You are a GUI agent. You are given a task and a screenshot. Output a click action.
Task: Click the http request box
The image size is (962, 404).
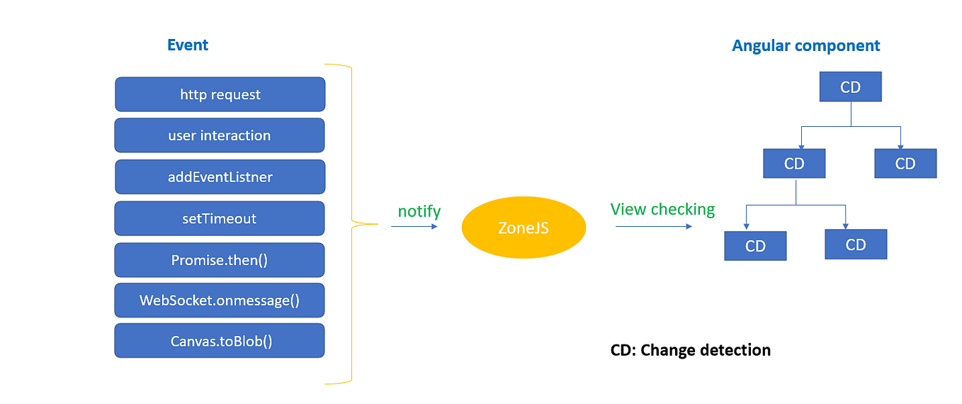pos(220,94)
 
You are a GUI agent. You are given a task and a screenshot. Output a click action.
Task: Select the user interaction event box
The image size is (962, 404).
pos(220,135)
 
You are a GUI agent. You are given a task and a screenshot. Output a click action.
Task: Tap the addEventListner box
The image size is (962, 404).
pos(220,177)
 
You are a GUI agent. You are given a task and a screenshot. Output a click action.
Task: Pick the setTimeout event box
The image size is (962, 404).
pos(220,218)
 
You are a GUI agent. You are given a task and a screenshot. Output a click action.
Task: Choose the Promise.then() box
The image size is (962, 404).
pos(220,260)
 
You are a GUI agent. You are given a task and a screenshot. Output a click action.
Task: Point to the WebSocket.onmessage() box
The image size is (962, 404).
pos(220,301)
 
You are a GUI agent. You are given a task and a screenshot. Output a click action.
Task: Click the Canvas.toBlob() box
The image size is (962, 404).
pos(220,341)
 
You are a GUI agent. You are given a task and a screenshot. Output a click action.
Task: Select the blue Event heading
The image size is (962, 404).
pos(188,45)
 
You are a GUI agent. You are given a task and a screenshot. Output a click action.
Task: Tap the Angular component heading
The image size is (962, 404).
pos(805,46)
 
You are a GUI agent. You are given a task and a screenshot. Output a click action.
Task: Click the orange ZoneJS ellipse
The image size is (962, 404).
pos(524,228)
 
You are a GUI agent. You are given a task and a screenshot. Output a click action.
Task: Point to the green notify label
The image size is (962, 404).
pos(419,211)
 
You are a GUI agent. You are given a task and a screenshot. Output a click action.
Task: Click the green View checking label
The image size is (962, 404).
pos(662,209)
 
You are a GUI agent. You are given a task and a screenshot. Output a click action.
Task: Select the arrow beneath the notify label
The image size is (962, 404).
pos(414,227)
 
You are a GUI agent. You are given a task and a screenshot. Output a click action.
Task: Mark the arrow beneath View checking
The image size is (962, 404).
pos(653,227)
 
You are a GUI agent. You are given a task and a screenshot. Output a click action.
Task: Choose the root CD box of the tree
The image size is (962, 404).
pos(850,87)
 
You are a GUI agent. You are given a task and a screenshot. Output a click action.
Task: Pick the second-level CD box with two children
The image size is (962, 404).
pos(794,164)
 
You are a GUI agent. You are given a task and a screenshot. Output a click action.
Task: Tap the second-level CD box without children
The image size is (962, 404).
pos(905,164)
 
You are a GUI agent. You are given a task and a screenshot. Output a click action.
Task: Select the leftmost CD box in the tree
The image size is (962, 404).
pos(755,246)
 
